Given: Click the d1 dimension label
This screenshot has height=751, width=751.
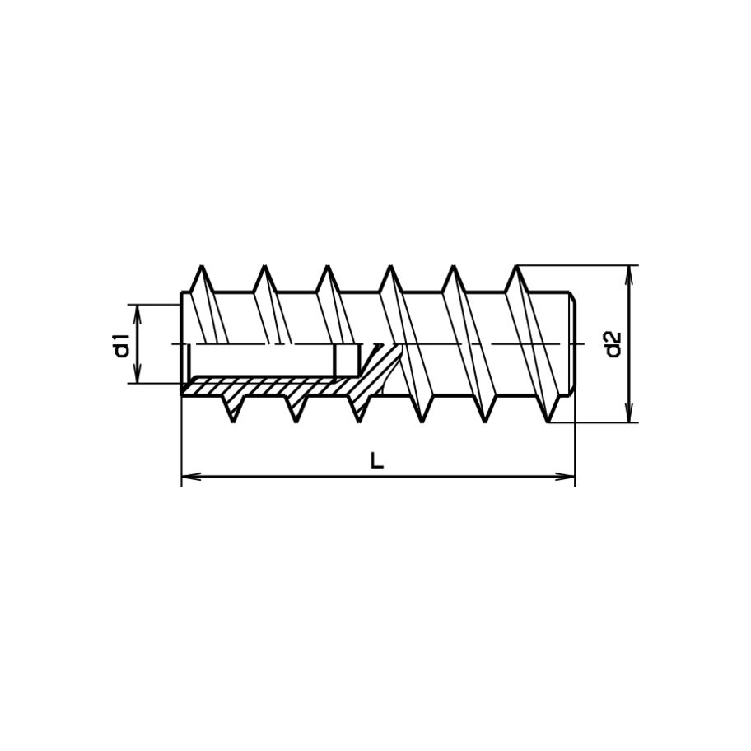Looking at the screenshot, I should point(122,344).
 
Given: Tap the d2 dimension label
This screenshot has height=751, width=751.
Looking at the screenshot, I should point(612,344).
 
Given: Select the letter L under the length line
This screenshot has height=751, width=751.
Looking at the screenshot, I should point(376,461).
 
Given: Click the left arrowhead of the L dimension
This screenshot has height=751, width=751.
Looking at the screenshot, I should point(188,476).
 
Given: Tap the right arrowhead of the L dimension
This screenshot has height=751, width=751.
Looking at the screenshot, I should point(567,476).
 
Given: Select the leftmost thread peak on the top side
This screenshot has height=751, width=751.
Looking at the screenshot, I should point(200,268).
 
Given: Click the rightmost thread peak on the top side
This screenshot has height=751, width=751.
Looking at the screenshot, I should point(516,268).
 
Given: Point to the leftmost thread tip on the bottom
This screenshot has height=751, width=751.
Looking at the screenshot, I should point(233,420).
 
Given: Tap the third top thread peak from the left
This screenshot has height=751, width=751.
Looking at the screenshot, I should point(327,268).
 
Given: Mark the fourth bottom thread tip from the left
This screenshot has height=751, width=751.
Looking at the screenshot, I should point(422,420).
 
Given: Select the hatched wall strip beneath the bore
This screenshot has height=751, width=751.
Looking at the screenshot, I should point(264,386).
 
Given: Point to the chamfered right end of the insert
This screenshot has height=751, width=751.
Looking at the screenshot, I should point(571,344).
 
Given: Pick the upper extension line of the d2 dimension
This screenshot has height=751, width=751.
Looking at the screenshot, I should point(576,265).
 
